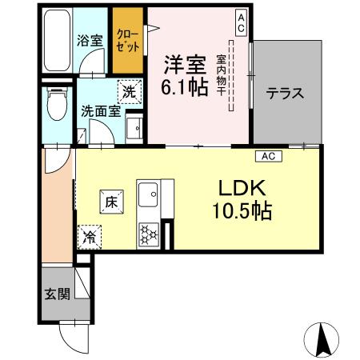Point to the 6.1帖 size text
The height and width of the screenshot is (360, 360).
coord(186,86)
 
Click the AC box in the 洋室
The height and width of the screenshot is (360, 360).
coord(240,22)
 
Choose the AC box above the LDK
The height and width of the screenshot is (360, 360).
coord(269,155)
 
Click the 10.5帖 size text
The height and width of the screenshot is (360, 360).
coord(238,211)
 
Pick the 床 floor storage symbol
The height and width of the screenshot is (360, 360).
coord(112,202)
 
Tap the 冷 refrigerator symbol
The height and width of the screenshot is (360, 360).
coord(90,237)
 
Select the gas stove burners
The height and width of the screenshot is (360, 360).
coord(149,233)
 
